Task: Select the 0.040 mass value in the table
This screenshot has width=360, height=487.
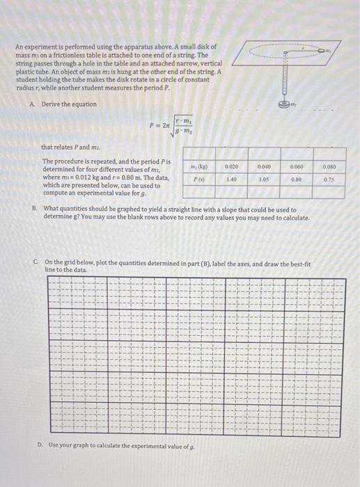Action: click(263, 167)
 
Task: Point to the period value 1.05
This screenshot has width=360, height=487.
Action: click(263, 178)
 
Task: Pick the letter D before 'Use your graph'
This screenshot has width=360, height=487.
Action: click(40, 445)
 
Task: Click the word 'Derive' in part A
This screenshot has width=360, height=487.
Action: click(51, 104)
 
